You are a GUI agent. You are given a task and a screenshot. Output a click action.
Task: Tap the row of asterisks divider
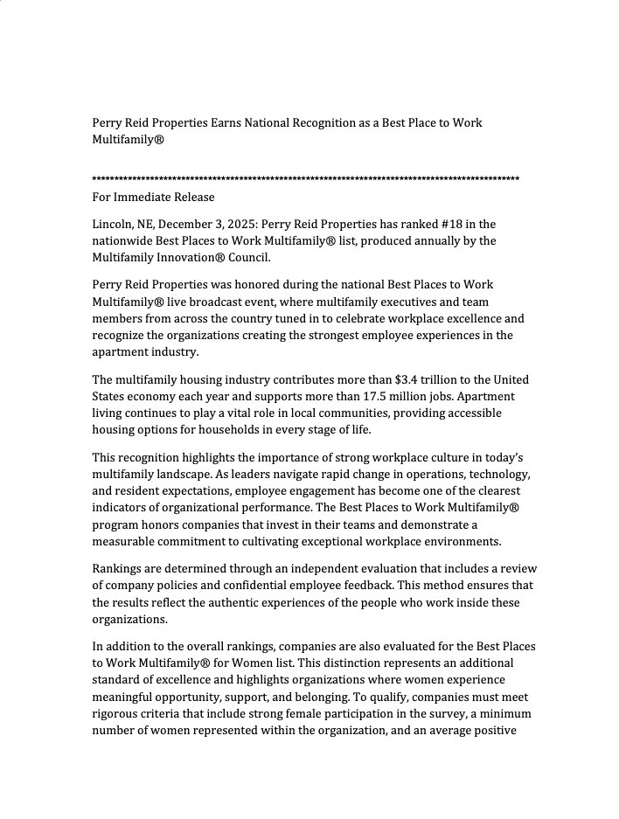pyautogui.click(x=305, y=179)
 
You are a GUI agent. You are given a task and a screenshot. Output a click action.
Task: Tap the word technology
pyautogui.click(x=494, y=474)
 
